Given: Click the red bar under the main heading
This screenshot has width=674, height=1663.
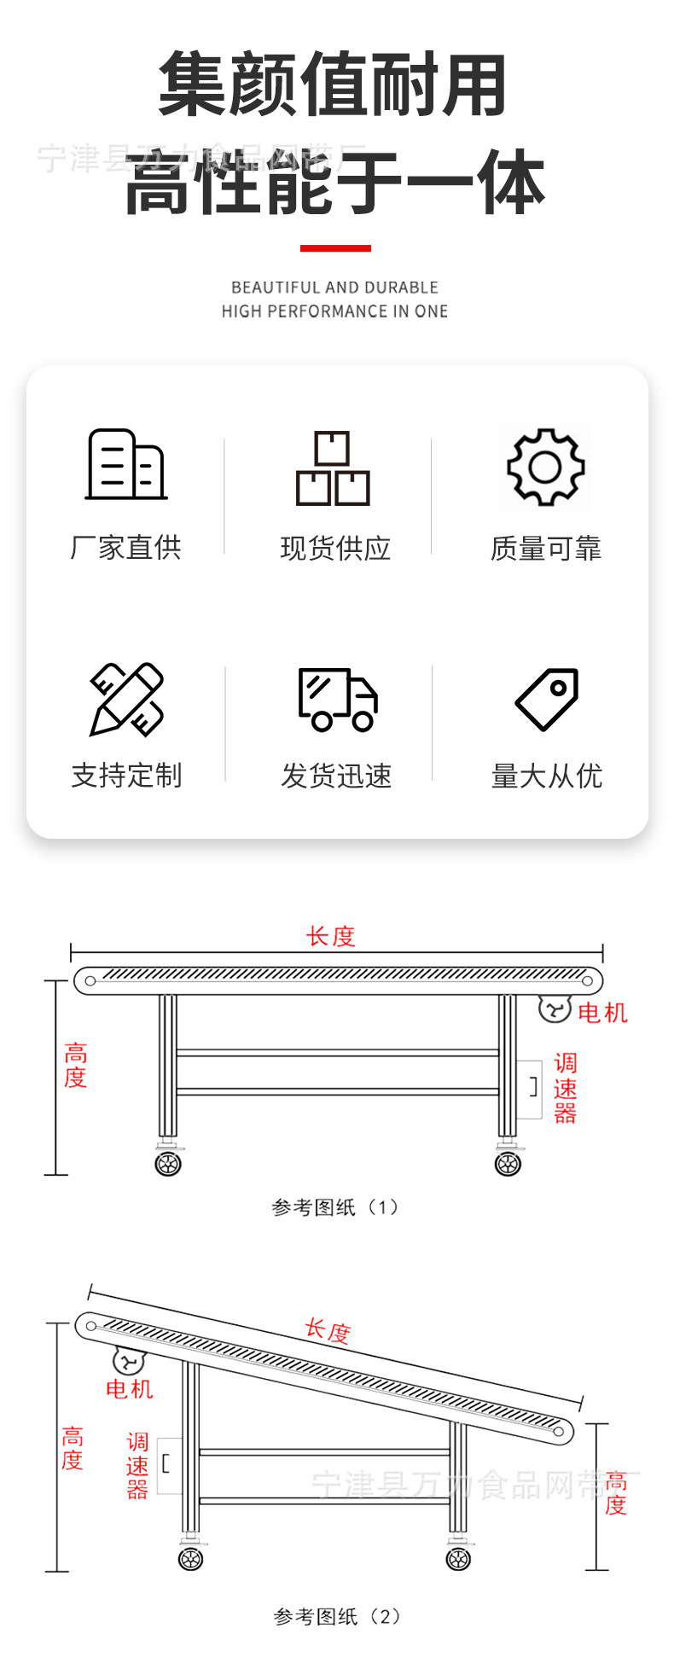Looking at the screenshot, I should (335, 248).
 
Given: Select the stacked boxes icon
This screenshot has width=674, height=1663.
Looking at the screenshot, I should (333, 468).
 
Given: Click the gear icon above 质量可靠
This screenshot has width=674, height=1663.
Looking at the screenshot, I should (546, 467).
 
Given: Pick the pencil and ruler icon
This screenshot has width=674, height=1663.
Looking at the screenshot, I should (127, 699).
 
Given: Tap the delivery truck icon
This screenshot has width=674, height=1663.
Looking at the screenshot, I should (338, 699).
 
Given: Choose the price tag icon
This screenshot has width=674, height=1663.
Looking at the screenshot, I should (548, 699).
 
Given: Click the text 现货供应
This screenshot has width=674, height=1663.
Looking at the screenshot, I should (335, 548).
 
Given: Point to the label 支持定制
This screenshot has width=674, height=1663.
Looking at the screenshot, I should (126, 775).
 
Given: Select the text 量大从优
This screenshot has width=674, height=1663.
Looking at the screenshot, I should (547, 776).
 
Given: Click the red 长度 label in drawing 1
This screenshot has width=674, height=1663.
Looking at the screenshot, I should (330, 937).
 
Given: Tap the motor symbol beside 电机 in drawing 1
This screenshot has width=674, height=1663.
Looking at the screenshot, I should (554, 1009).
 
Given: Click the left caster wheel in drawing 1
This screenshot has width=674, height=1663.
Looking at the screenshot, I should (168, 1163).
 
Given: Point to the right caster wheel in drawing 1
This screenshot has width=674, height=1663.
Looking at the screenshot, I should (508, 1163).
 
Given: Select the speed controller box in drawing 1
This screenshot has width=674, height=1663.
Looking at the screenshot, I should (530, 1089).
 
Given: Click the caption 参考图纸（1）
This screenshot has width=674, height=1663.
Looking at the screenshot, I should (335, 1207).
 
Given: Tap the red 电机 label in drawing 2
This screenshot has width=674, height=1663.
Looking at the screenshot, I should (129, 1389).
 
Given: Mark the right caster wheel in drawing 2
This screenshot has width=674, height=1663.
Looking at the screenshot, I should (459, 1559).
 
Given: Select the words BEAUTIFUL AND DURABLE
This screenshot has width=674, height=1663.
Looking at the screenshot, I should (334, 288).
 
